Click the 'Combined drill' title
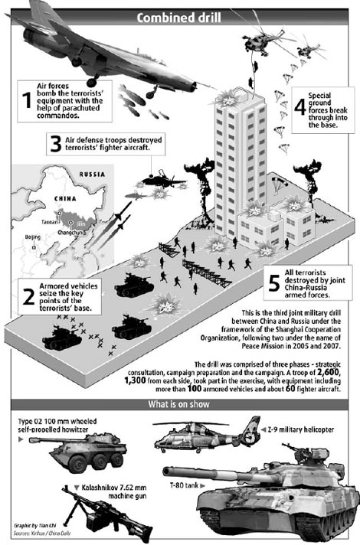click(x=180, y=18)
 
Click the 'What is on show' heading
click(x=180, y=405)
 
